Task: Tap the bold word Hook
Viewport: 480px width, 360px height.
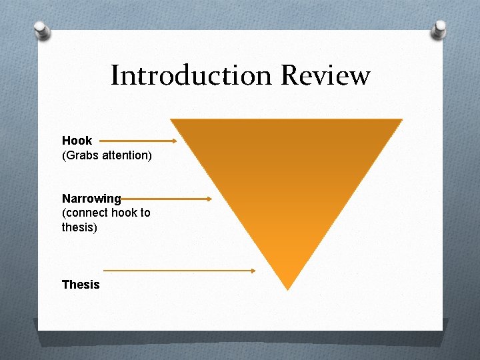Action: (x=77, y=141)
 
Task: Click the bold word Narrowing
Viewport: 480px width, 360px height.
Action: (x=91, y=199)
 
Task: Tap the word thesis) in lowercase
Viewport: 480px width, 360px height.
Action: (x=79, y=227)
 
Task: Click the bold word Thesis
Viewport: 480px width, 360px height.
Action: (x=81, y=285)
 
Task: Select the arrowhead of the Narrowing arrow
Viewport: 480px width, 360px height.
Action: (x=209, y=199)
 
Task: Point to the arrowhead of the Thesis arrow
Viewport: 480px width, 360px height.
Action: (x=253, y=271)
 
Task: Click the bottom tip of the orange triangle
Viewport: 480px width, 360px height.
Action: (x=287, y=289)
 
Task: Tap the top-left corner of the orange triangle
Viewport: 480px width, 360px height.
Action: (x=171, y=120)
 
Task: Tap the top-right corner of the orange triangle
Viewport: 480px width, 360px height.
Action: (x=402, y=120)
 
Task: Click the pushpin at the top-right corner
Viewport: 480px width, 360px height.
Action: (x=439, y=28)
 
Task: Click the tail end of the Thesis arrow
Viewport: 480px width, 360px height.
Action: (x=105, y=271)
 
